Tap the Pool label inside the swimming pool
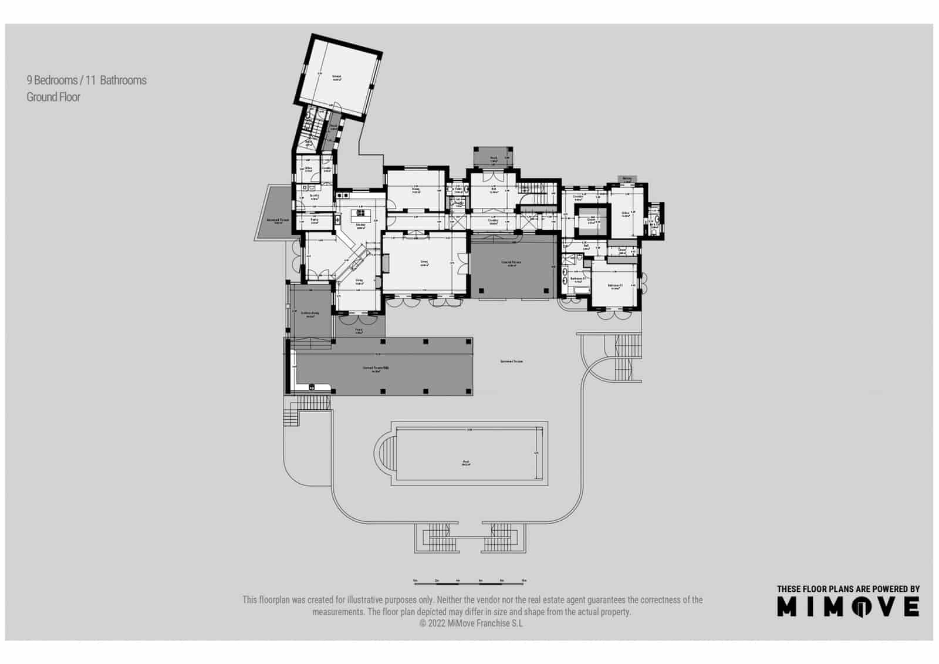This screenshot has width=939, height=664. (466, 463)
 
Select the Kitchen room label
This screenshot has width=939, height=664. (360, 226)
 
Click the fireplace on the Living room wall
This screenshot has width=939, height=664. (386, 264)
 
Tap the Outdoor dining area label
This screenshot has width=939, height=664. (310, 314)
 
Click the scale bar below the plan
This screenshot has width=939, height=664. (469, 581)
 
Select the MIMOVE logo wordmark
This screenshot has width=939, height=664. (848, 606)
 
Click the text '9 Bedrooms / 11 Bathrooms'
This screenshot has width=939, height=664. (86, 80)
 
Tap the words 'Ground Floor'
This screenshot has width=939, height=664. (53, 97)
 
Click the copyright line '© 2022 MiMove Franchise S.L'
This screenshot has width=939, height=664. (471, 623)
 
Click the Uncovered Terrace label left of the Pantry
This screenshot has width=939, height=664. (278, 221)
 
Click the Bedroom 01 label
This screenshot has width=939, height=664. (615, 287)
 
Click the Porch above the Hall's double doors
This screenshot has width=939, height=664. (494, 158)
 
